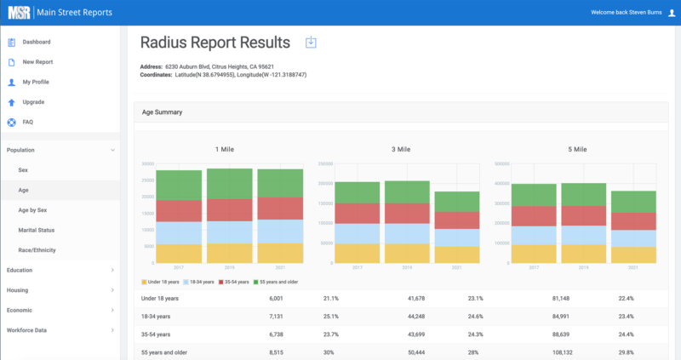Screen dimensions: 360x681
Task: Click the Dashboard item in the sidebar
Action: pyautogui.click(x=37, y=42)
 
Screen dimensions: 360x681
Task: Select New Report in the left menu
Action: pyautogui.click(x=37, y=62)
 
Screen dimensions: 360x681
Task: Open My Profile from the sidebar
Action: pyautogui.click(x=37, y=82)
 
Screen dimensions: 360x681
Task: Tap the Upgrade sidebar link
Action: pyautogui.click(x=33, y=102)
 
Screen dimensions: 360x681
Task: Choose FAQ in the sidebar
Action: pyautogui.click(x=27, y=122)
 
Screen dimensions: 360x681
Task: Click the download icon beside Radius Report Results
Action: pyautogui.click(x=311, y=43)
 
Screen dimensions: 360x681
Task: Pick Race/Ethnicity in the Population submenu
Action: pyautogui.click(x=40, y=250)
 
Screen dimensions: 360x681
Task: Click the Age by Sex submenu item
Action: pyautogui.click(x=32, y=209)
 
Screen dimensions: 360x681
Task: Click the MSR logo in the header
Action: pyautogui.click(x=18, y=13)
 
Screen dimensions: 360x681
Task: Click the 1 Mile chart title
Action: pyautogui.click(x=224, y=149)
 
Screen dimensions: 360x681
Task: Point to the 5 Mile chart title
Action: pyautogui.click(x=576, y=149)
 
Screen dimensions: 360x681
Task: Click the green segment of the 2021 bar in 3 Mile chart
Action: pyautogui.click(x=457, y=201)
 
